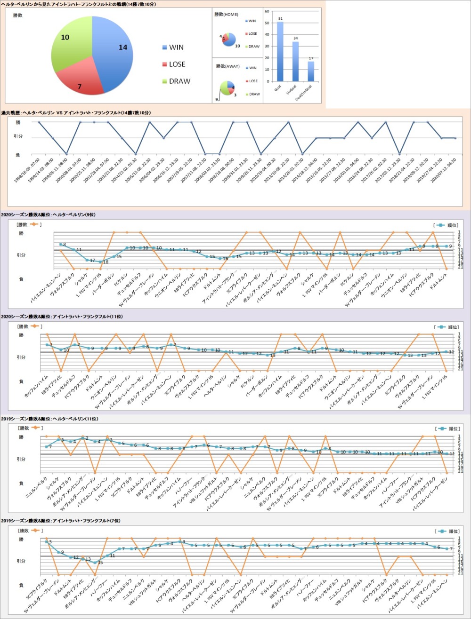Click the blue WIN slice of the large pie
pyautogui.click(x=113, y=52)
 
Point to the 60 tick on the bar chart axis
pyautogui.click(x=267, y=10)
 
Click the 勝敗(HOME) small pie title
pyautogui.click(x=226, y=15)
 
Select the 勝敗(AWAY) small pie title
pyautogui.click(x=227, y=66)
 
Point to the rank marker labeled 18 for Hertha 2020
pyautogui.click(x=100, y=262)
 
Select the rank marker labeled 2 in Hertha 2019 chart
pyautogui.click(x=83, y=438)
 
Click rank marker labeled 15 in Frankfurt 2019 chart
pyautogui.click(x=95, y=563)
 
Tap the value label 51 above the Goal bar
pyautogui.click(x=280, y=18)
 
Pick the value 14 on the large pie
pyautogui.click(x=123, y=47)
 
